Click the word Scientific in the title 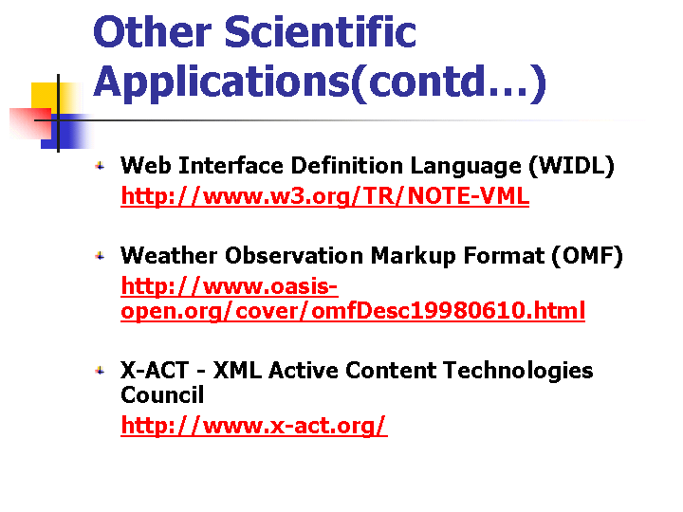click(x=321, y=31)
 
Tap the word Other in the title click(x=152, y=31)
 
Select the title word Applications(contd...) click(x=320, y=82)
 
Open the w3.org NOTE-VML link click(x=325, y=196)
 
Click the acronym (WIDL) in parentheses click(x=571, y=166)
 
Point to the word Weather click(x=169, y=255)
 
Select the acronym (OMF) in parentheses click(x=587, y=256)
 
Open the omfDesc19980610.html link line click(x=353, y=311)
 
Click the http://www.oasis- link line click(x=230, y=286)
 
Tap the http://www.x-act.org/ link click(x=254, y=426)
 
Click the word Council click(x=162, y=394)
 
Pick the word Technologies click(x=518, y=372)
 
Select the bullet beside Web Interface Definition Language click(x=101, y=166)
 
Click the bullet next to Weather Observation click(x=101, y=256)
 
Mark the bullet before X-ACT click(x=101, y=371)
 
